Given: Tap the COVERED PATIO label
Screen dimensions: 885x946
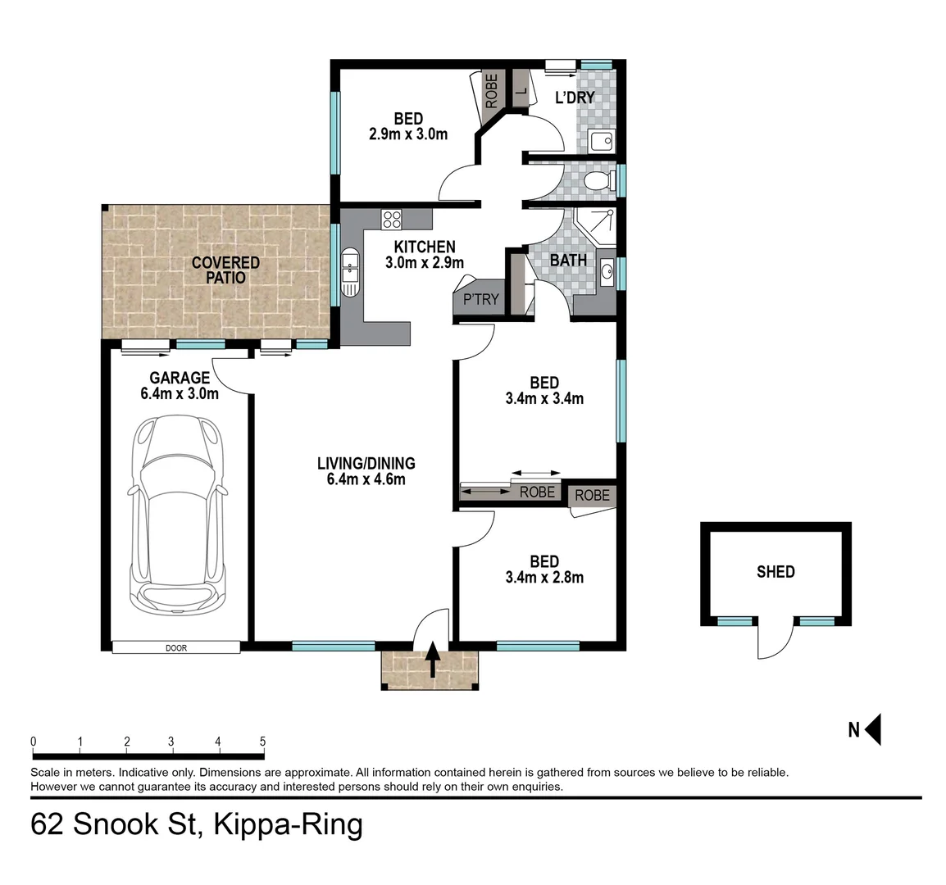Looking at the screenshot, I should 225,270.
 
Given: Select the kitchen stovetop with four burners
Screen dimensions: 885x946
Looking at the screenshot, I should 392,219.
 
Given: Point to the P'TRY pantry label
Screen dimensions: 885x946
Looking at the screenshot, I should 480,299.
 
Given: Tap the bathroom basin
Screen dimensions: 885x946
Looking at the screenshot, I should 607,272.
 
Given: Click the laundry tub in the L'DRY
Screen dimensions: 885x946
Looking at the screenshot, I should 601,142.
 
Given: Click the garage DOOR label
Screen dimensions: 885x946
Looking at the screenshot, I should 176,647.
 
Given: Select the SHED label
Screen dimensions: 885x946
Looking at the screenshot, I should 775,571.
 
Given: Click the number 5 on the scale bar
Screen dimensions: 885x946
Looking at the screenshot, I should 263,742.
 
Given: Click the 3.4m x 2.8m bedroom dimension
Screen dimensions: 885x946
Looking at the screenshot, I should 544,577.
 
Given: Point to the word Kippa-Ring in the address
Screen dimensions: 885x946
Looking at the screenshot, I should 288,824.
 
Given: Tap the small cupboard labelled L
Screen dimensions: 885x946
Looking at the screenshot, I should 520,88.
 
